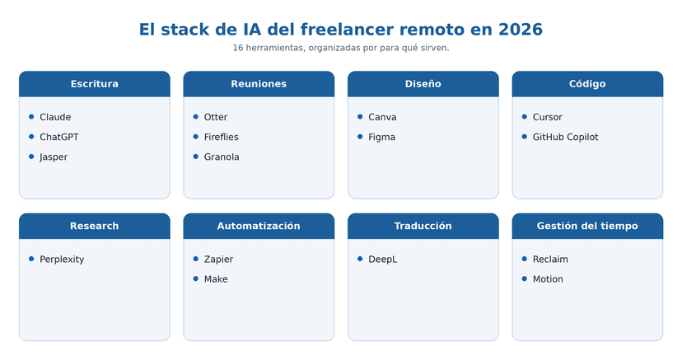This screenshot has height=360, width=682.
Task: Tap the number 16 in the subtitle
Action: (x=237, y=48)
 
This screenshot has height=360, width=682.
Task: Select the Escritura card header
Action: (x=95, y=84)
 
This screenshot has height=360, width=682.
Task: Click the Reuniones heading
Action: (x=259, y=84)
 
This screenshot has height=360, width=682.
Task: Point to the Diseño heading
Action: (x=423, y=84)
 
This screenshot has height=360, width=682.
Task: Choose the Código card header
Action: (x=587, y=84)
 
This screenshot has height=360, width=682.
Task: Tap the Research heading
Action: (x=95, y=226)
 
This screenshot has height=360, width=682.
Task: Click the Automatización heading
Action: (x=259, y=226)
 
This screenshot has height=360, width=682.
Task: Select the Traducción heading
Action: (x=423, y=226)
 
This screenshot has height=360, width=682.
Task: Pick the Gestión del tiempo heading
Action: (x=587, y=226)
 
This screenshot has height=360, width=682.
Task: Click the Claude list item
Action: (x=55, y=117)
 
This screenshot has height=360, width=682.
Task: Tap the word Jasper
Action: (x=54, y=157)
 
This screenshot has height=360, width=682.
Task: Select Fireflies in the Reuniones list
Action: (x=222, y=137)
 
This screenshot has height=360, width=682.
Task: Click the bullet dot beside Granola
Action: (x=196, y=157)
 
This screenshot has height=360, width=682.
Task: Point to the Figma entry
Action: (x=382, y=137)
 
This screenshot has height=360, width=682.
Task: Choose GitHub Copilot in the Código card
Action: (x=565, y=137)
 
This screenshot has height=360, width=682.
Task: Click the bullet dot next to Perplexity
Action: (x=31, y=259)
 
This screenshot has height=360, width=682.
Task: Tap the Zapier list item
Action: (x=219, y=259)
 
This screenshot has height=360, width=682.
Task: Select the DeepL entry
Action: (x=383, y=259)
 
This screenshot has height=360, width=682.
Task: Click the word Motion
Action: (x=548, y=279)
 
